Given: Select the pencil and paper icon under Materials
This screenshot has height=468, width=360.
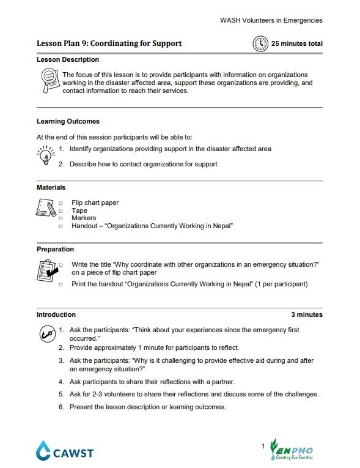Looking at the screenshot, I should pos(46,212).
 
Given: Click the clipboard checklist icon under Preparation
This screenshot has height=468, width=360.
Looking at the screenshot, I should pos(46,270).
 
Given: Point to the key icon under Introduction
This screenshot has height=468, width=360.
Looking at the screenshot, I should pos(46,334).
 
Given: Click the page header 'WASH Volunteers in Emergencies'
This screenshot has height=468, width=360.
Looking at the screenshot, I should pos(271,20).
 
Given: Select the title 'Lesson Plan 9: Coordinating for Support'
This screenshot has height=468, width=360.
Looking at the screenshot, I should pos(109,44).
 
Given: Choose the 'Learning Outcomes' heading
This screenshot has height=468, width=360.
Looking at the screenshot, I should pos(68,122).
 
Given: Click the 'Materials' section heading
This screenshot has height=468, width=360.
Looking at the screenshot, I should pos(51,188).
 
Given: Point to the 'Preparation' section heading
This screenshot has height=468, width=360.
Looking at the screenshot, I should pos(55,250).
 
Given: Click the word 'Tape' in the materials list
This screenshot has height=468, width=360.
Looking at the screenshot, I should pos(79,210).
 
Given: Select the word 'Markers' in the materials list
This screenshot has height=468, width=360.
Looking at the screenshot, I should pos(83,218).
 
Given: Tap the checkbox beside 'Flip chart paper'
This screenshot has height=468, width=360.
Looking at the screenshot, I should pos(61,203).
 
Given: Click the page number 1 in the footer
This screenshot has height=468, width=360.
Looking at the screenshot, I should pos(262,447).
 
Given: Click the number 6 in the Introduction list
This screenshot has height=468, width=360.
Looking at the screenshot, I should pos(61,407).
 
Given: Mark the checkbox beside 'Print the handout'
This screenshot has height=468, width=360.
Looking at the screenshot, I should pos(61,285).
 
